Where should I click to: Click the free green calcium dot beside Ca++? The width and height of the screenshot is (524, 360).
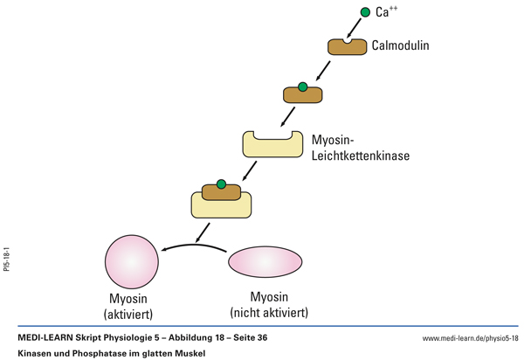coord(365,12)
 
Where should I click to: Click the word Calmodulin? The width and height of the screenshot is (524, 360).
coord(400,45)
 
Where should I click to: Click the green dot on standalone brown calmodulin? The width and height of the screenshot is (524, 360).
coord(302,87)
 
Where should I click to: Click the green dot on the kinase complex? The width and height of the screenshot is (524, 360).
coord(222,184)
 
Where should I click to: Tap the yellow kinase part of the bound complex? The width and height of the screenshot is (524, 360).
coord(222,206)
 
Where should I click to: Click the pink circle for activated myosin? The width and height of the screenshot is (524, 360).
coord(132,261)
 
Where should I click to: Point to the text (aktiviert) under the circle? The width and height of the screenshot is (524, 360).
coord(132,314)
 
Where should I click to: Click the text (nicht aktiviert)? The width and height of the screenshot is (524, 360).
coord(269,313)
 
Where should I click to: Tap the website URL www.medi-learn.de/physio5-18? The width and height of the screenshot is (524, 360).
coord(470,338)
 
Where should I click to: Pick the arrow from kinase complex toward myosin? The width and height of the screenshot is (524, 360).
coord(203,230)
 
